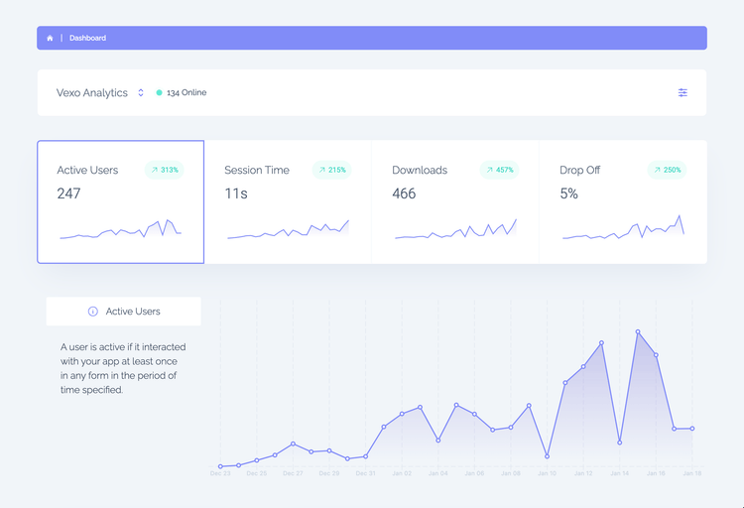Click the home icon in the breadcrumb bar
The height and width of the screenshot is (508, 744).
tap(50, 38)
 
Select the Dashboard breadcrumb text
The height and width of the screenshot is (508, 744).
tap(87, 38)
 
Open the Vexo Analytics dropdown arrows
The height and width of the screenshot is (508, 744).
tap(141, 92)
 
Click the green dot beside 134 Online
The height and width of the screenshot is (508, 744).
tap(159, 92)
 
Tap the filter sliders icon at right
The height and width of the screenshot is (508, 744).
tap(682, 92)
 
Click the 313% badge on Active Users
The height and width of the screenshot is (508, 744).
tap(165, 170)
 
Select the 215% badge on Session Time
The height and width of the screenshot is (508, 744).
tap(332, 170)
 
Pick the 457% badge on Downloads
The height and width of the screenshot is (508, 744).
tap(500, 170)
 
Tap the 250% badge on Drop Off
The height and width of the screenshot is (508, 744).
tap(667, 170)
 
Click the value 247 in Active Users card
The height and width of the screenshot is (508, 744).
tap(68, 193)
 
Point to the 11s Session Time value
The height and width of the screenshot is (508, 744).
tap(236, 193)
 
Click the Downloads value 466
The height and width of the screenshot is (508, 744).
tap(404, 193)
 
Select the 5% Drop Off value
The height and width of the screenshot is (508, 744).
tap(568, 193)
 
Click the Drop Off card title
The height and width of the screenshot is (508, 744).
tap(579, 170)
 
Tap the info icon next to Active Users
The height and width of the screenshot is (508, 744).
tap(93, 311)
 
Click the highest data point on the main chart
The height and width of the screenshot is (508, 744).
tap(638, 332)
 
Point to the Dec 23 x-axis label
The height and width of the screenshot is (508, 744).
tap(220, 474)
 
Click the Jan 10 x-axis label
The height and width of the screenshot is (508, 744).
tap(547, 474)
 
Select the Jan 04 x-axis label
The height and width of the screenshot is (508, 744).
tap(437, 474)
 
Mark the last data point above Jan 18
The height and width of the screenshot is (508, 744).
tap(691, 429)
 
